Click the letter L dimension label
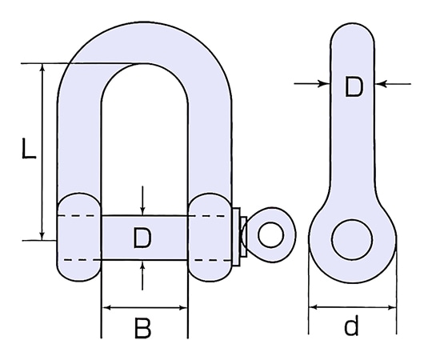(x=27, y=150)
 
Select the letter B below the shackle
(x=142, y=328)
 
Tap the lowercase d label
(x=351, y=327)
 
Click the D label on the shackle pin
(x=142, y=238)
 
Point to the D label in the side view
(x=353, y=87)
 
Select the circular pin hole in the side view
(x=352, y=240)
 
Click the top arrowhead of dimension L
(x=42, y=68)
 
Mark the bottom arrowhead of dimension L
(x=42, y=234)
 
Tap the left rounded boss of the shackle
(x=78, y=237)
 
